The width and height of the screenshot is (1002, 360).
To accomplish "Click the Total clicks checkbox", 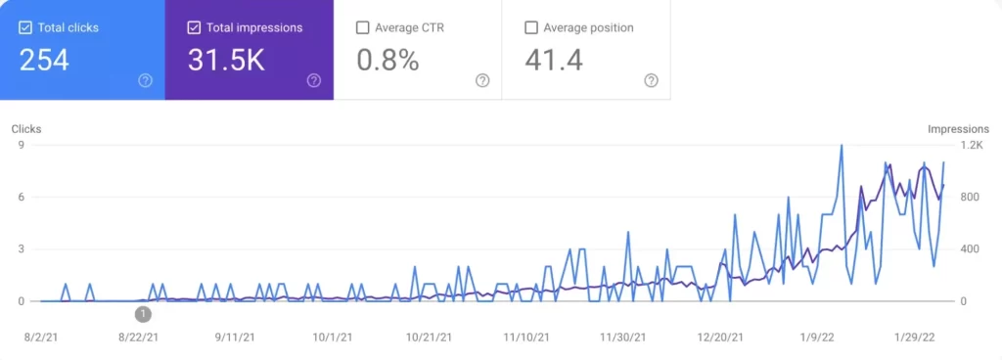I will (25, 27).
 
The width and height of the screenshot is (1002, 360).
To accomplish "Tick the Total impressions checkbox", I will (194, 27).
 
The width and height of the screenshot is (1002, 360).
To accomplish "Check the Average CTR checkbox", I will (363, 27).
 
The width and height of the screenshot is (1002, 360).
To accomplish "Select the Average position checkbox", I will (531, 27).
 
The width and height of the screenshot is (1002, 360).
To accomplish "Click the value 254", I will (44, 61).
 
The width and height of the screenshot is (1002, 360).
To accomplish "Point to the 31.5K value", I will (226, 61).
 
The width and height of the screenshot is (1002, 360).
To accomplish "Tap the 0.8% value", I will (387, 61).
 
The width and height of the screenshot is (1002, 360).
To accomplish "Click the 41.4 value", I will (554, 61).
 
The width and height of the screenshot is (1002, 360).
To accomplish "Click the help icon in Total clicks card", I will (145, 80).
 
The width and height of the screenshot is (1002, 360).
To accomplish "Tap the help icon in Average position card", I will (652, 80).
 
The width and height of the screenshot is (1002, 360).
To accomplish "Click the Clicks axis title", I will (26, 129).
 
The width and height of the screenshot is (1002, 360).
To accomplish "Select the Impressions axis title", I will (958, 129).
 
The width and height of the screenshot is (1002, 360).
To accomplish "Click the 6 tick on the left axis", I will (20, 197).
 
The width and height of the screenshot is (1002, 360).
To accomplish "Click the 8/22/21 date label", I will (139, 337).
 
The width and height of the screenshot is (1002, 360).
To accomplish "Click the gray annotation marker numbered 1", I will (143, 314).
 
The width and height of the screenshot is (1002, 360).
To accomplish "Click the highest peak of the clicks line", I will (842, 146).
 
